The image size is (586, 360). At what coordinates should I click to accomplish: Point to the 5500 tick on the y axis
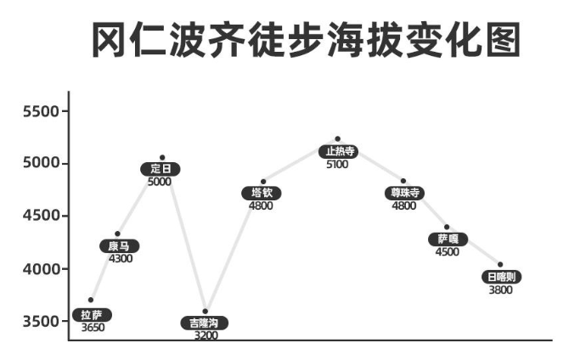click(41, 111)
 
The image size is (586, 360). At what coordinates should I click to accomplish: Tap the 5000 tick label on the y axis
click(41, 164)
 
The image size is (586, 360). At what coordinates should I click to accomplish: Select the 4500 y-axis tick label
click(41, 217)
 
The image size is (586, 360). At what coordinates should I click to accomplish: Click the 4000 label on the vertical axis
click(41, 269)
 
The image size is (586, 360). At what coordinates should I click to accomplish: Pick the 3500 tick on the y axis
click(41, 322)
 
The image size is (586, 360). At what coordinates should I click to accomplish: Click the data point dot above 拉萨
click(91, 300)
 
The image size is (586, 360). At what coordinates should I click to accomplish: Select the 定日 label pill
click(160, 169)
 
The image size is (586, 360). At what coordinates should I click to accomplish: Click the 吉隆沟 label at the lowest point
click(204, 323)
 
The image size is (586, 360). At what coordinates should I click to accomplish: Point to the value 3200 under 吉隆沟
click(206, 335)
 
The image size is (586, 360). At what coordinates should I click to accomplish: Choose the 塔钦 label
click(261, 193)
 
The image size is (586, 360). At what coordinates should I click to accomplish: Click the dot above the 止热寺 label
click(337, 138)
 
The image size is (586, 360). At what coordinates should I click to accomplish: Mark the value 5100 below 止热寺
click(337, 164)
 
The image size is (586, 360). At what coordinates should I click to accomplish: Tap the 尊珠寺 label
click(403, 193)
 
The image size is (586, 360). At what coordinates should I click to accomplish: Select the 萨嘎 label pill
click(447, 239)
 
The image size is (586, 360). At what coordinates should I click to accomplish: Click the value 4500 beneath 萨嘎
click(447, 251)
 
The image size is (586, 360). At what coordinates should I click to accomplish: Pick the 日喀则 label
click(500, 277)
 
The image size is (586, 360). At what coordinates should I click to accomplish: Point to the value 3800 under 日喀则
click(500, 290)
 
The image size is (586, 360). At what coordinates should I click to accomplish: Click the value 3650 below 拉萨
click(93, 327)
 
